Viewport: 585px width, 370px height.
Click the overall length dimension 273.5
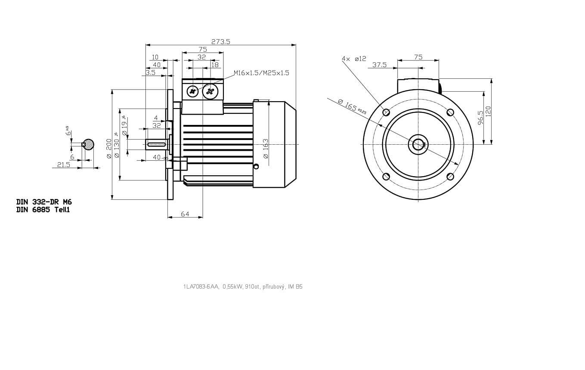click(221, 42)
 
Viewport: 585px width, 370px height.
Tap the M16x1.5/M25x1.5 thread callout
click(261, 73)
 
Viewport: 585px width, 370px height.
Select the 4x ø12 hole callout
click(354, 59)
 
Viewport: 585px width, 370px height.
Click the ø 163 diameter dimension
click(266, 148)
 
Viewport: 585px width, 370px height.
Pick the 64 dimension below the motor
click(185, 214)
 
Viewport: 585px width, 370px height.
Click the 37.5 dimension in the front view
click(379, 65)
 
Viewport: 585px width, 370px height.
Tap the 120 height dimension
click(488, 111)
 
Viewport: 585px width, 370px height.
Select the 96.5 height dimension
click(480, 117)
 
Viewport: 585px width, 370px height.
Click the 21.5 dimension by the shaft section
click(63, 165)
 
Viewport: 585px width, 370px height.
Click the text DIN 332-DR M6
click(44, 202)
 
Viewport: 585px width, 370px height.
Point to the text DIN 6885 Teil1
click(43, 210)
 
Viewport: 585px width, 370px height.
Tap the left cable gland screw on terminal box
click(193, 91)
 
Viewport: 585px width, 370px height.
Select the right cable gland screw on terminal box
click(210, 91)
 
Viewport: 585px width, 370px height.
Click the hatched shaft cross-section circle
click(89, 144)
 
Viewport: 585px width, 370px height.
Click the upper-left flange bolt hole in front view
click(386, 112)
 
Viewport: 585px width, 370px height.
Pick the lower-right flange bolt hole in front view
click(450, 177)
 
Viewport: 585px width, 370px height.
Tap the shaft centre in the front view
click(418, 144)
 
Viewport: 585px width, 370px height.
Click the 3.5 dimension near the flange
click(150, 73)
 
